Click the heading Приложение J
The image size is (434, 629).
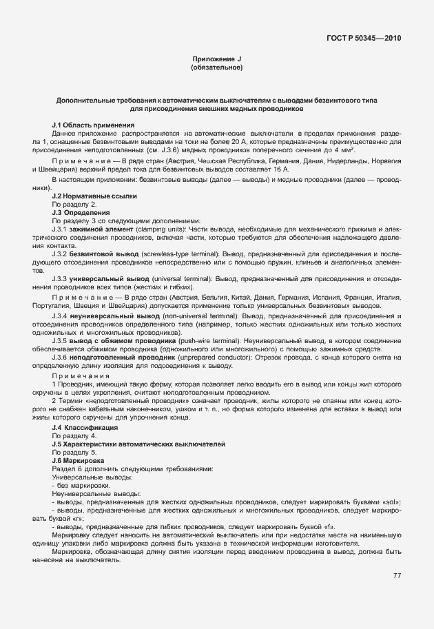pos(216,60)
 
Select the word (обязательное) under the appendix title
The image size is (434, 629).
pos(216,68)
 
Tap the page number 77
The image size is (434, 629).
pos(397,576)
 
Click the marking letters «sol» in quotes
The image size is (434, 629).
pos(391,502)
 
